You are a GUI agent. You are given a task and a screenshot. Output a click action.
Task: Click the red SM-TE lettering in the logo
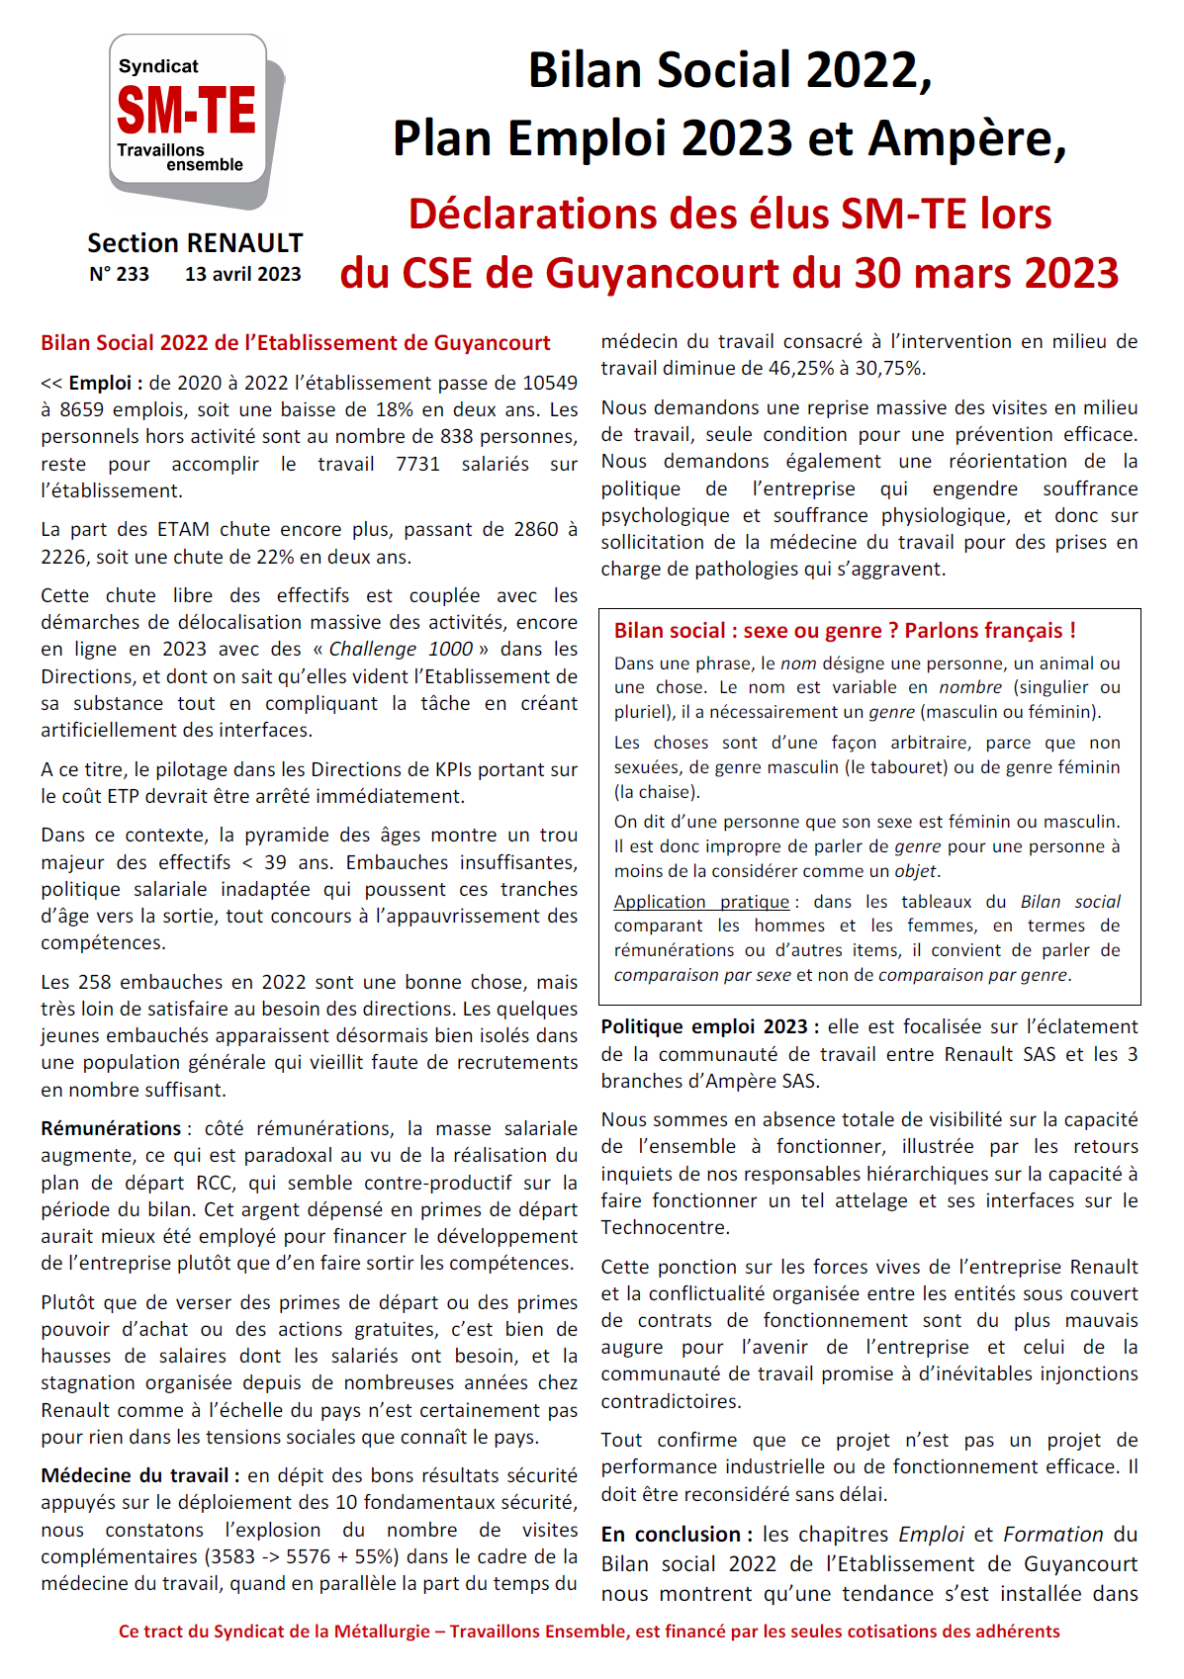(x=186, y=110)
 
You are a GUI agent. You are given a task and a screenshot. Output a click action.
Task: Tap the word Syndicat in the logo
(x=158, y=66)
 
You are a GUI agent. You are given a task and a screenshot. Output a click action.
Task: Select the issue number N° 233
(x=119, y=275)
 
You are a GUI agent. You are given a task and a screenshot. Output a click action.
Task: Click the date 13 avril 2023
(x=242, y=275)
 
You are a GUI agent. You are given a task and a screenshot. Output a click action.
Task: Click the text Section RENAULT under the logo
(x=195, y=243)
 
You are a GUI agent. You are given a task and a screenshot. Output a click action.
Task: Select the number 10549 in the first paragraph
(x=549, y=384)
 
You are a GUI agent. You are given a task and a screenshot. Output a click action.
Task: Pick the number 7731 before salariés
(x=417, y=465)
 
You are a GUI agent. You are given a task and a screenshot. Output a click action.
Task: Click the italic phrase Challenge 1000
(x=401, y=650)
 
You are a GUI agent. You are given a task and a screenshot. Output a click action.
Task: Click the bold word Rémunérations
(x=111, y=1129)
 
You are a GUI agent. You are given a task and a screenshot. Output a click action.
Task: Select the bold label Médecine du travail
(x=136, y=1476)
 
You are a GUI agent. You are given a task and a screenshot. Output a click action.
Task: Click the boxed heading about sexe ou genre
(x=845, y=631)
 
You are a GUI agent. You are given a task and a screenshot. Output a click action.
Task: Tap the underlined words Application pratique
(x=701, y=902)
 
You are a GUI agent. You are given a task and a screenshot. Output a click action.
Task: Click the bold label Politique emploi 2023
(x=704, y=1027)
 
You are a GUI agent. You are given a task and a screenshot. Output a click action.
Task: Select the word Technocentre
(x=665, y=1228)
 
